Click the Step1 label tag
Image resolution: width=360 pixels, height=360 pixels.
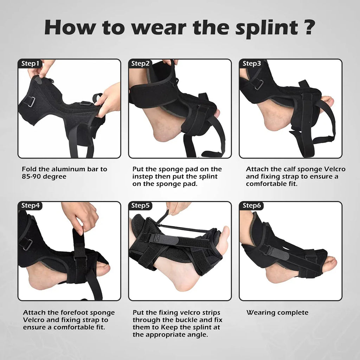click(30, 64)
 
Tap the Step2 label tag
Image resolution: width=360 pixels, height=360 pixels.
click(141, 64)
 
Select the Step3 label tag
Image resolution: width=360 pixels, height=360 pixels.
click(252, 64)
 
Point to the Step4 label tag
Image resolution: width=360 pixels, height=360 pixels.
click(30, 206)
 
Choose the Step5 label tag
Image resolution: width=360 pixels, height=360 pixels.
click(141, 206)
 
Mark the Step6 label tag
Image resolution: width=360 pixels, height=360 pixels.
click(252, 206)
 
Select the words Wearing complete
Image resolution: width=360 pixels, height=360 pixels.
click(277, 313)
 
